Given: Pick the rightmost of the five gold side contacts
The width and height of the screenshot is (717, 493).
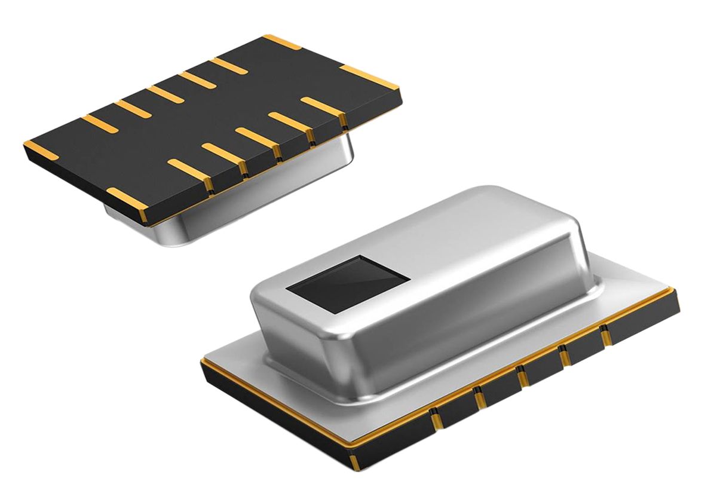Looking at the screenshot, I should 605,336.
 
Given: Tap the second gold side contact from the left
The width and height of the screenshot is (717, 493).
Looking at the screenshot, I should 479,397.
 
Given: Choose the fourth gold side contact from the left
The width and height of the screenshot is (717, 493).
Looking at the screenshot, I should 563,356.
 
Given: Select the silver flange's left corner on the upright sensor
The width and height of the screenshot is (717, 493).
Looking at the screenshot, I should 206,359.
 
